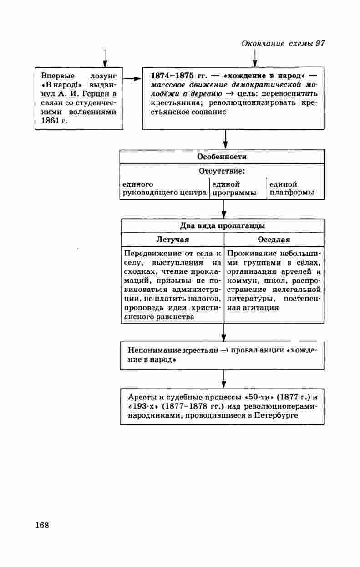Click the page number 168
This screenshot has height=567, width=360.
pyautogui.click(x=42, y=525)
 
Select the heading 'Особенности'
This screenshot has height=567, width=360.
pyautogui.click(x=222, y=157)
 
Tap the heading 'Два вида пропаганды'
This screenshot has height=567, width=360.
pyautogui.click(x=223, y=226)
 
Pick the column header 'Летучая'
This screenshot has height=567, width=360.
pyautogui.click(x=172, y=240)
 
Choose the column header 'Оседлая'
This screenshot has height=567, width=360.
pyautogui.click(x=274, y=240)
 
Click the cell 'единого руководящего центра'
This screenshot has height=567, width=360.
pyautogui.click(x=164, y=189)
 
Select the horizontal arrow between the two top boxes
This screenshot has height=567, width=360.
pyautogui.click(x=132, y=79)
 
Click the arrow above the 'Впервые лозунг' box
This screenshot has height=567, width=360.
pyautogui.click(x=105, y=58)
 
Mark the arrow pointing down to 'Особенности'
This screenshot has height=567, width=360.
pyautogui.click(x=225, y=140)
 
